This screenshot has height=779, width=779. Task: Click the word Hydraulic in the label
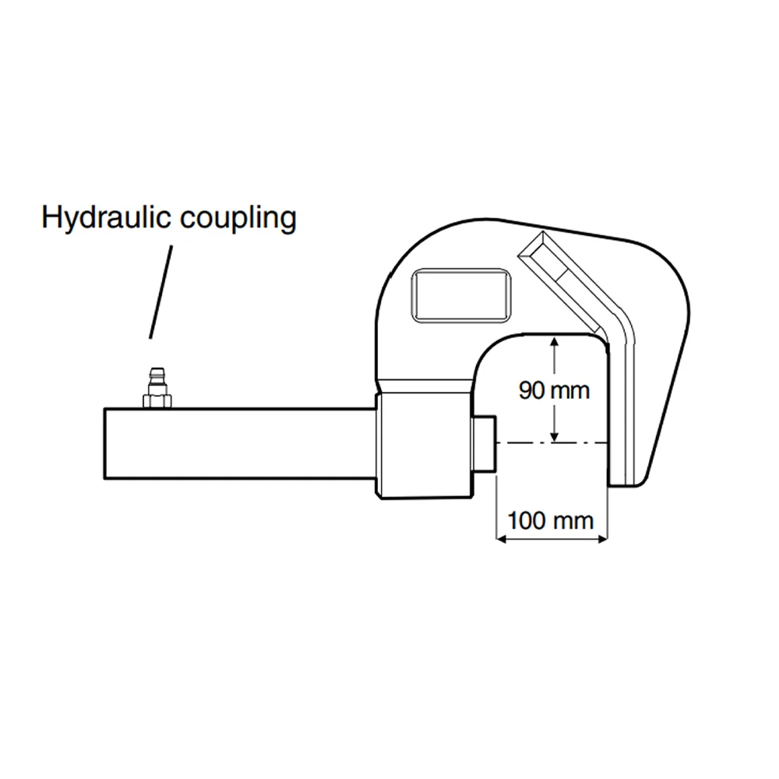click(106, 217)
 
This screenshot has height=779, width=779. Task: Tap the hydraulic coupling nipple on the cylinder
click(157, 387)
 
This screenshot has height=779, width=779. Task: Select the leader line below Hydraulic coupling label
click(161, 292)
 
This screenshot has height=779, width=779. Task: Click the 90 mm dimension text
click(554, 390)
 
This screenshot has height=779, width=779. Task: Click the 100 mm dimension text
click(551, 520)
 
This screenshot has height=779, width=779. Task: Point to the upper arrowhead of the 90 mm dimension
click(555, 341)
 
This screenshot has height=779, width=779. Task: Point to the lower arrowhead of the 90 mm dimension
click(555, 436)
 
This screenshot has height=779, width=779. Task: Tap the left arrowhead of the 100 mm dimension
click(501, 538)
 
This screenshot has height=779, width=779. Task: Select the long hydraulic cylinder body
click(239, 444)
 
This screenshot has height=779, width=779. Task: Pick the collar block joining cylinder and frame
click(424, 445)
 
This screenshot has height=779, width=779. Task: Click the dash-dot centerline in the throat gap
click(552, 442)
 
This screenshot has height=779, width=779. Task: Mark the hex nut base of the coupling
click(157, 401)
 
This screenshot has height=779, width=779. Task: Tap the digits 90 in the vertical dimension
click(532, 390)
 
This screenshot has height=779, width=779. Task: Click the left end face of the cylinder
click(104, 444)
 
